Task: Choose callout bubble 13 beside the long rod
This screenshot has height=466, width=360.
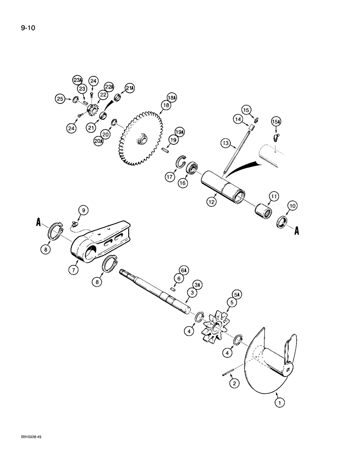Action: pyautogui.click(x=225, y=144)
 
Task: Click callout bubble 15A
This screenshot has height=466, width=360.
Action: pyautogui.click(x=276, y=122)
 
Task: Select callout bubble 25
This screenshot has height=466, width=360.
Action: pyautogui.click(x=60, y=98)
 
